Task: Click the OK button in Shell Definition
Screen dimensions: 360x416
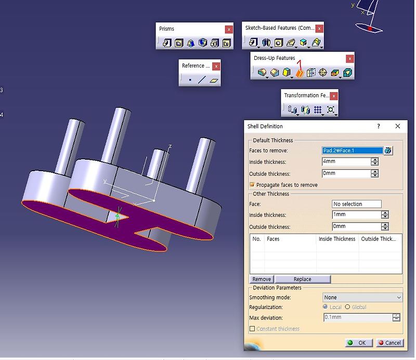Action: tap(358, 343)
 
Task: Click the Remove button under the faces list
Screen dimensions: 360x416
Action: tap(262, 279)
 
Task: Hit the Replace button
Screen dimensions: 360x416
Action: tap(302, 279)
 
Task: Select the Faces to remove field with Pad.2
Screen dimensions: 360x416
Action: tap(353, 150)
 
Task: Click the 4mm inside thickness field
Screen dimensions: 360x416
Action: tap(346, 162)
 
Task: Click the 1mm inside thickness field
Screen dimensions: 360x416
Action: tap(356, 215)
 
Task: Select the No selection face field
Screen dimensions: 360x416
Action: tap(356, 204)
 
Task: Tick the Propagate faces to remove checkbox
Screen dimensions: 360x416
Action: tap(252, 185)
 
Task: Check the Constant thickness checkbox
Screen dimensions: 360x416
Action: tap(252, 329)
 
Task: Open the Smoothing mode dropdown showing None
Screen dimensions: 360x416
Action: tap(362, 298)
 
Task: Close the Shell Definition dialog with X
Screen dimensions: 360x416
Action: tap(397, 126)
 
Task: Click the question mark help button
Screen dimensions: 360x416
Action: tap(378, 126)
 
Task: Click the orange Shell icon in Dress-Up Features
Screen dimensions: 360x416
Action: tap(300, 73)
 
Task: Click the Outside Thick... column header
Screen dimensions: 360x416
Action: tap(379, 239)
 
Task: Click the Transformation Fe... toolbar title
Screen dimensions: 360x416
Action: tap(306, 96)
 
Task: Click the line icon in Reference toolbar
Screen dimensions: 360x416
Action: tap(202, 80)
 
